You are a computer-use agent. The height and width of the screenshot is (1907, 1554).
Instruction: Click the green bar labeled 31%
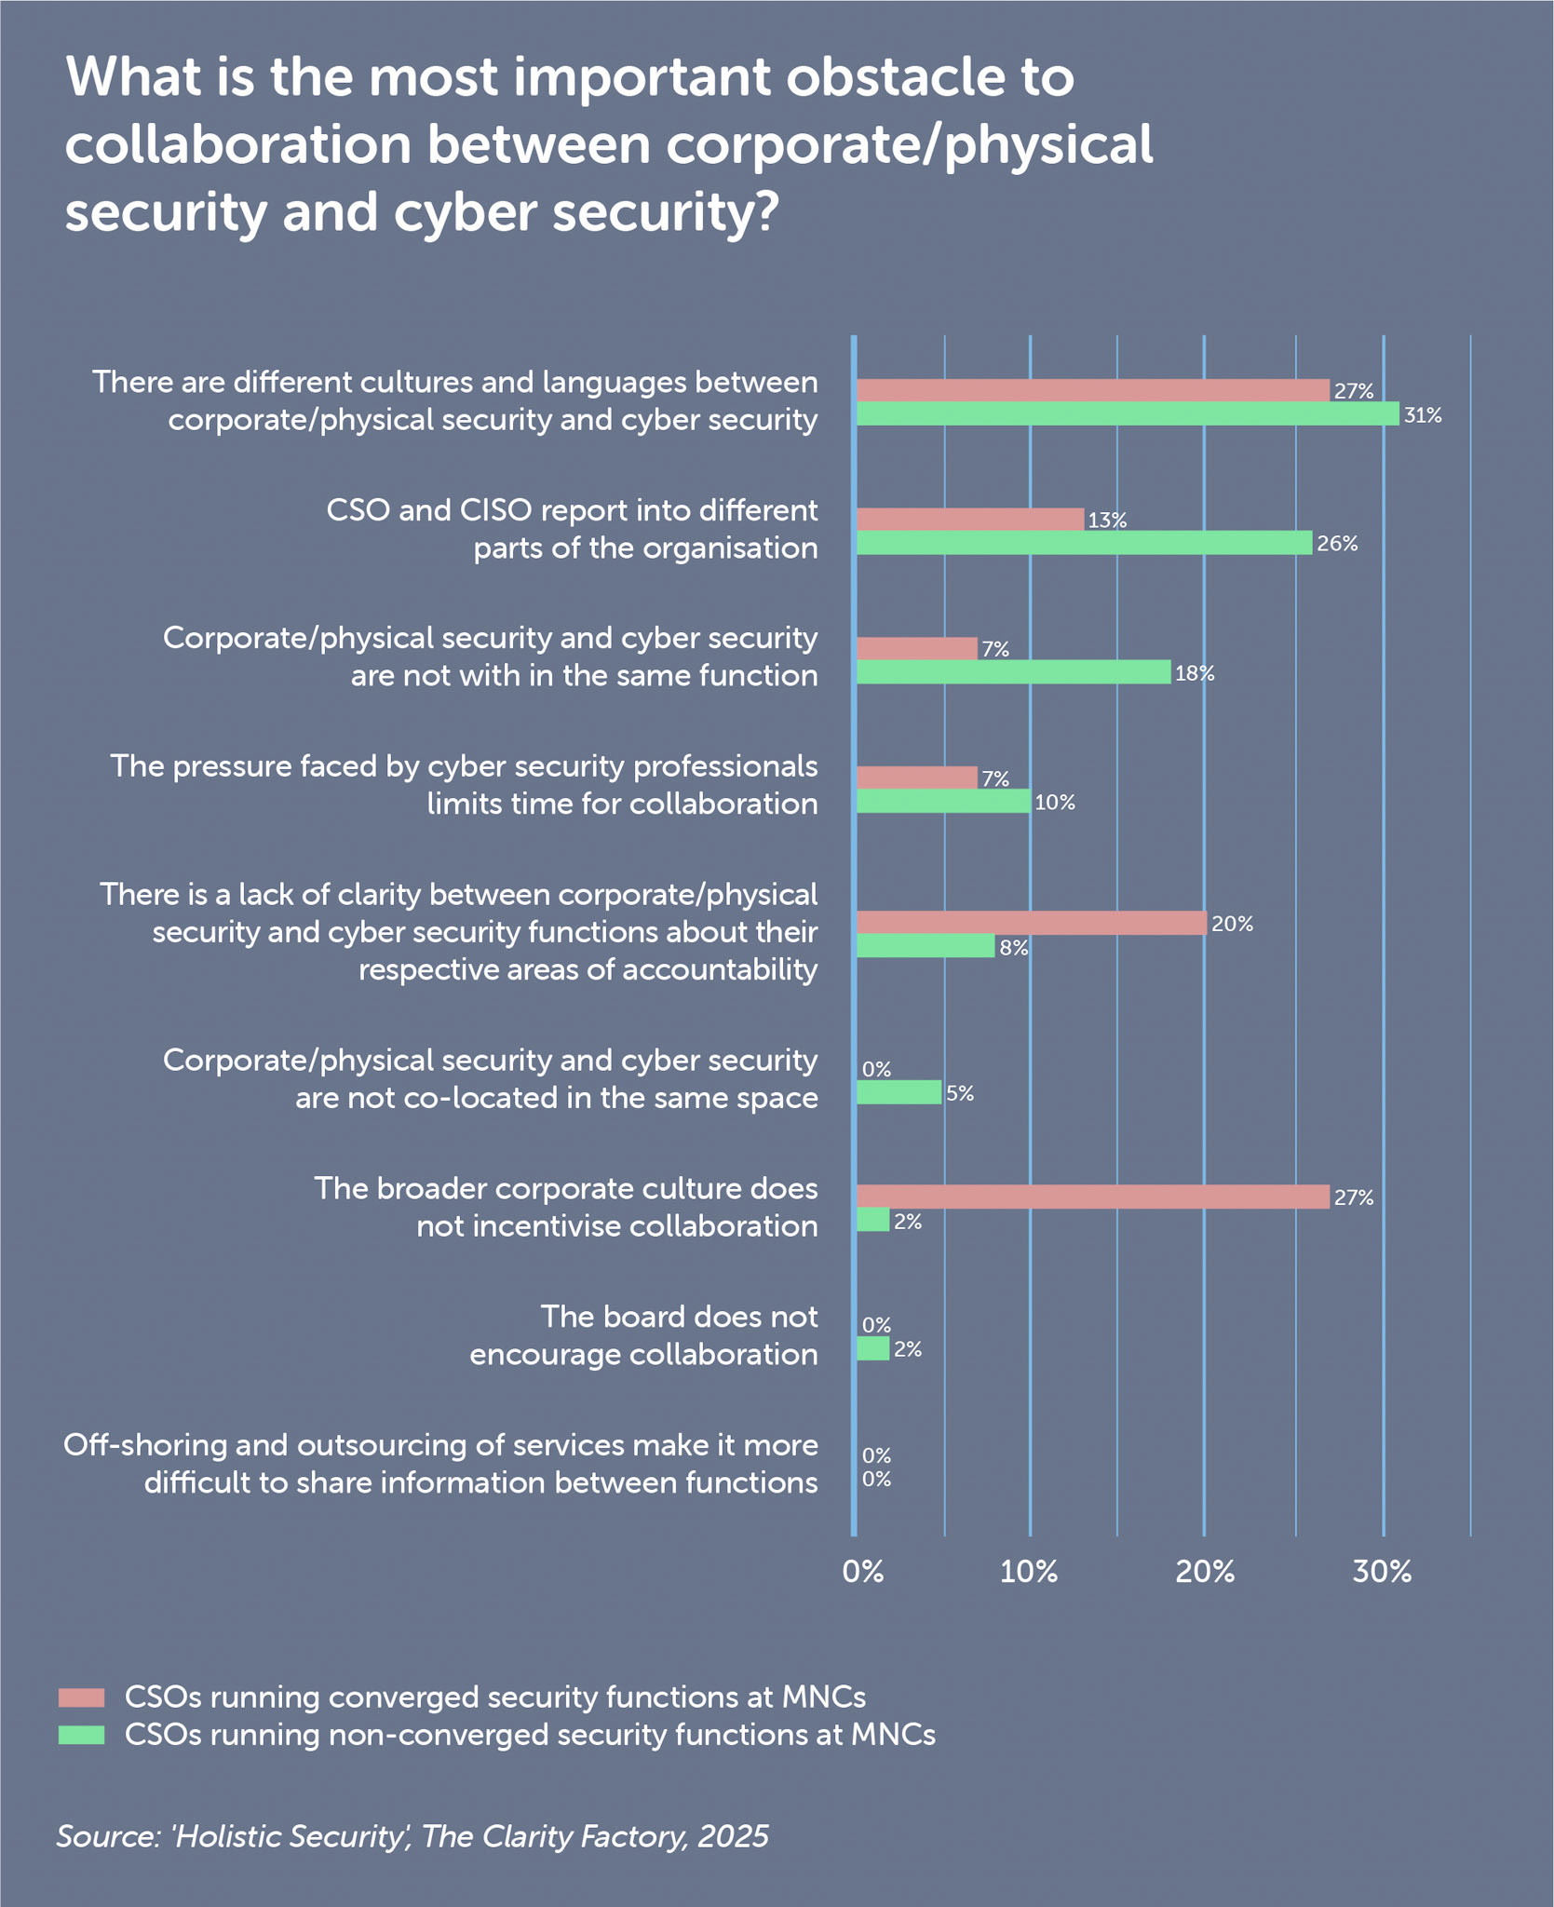pyautogui.click(x=1127, y=414)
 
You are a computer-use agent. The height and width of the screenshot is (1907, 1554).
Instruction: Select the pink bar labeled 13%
pyautogui.click(x=969, y=519)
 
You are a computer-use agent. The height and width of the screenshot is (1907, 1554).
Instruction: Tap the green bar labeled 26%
pyautogui.click(x=1084, y=543)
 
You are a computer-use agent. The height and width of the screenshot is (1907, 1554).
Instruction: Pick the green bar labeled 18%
pyautogui.click(x=1013, y=672)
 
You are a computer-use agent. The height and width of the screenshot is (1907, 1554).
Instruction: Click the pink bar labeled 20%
pyautogui.click(x=1031, y=923)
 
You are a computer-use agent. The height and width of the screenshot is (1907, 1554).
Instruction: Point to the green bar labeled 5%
pyautogui.click(x=899, y=1092)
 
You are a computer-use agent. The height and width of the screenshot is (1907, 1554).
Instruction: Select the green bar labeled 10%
pyautogui.click(x=943, y=801)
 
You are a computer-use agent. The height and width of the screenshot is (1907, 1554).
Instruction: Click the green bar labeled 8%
pyautogui.click(x=926, y=946)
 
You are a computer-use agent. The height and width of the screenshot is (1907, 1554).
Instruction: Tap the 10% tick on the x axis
pyautogui.click(x=1029, y=1573)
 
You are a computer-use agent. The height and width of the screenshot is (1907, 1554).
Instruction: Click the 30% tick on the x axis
pyautogui.click(x=1382, y=1573)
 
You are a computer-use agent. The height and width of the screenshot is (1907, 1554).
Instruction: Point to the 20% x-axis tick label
pyautogui.click(x=1205, y=1573)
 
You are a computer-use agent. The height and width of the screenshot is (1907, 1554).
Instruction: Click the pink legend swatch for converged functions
pyautogui.click(x=81, y=1697)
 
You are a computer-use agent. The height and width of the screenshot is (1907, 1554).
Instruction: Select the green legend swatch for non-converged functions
pyautogui.click(x=81, y=1735)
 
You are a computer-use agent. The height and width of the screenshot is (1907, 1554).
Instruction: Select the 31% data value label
pyautogui.click(x=1423, y=416)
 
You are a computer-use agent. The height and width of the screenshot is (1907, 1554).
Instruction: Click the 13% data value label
pyautogui.click(x=1107, y=521)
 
